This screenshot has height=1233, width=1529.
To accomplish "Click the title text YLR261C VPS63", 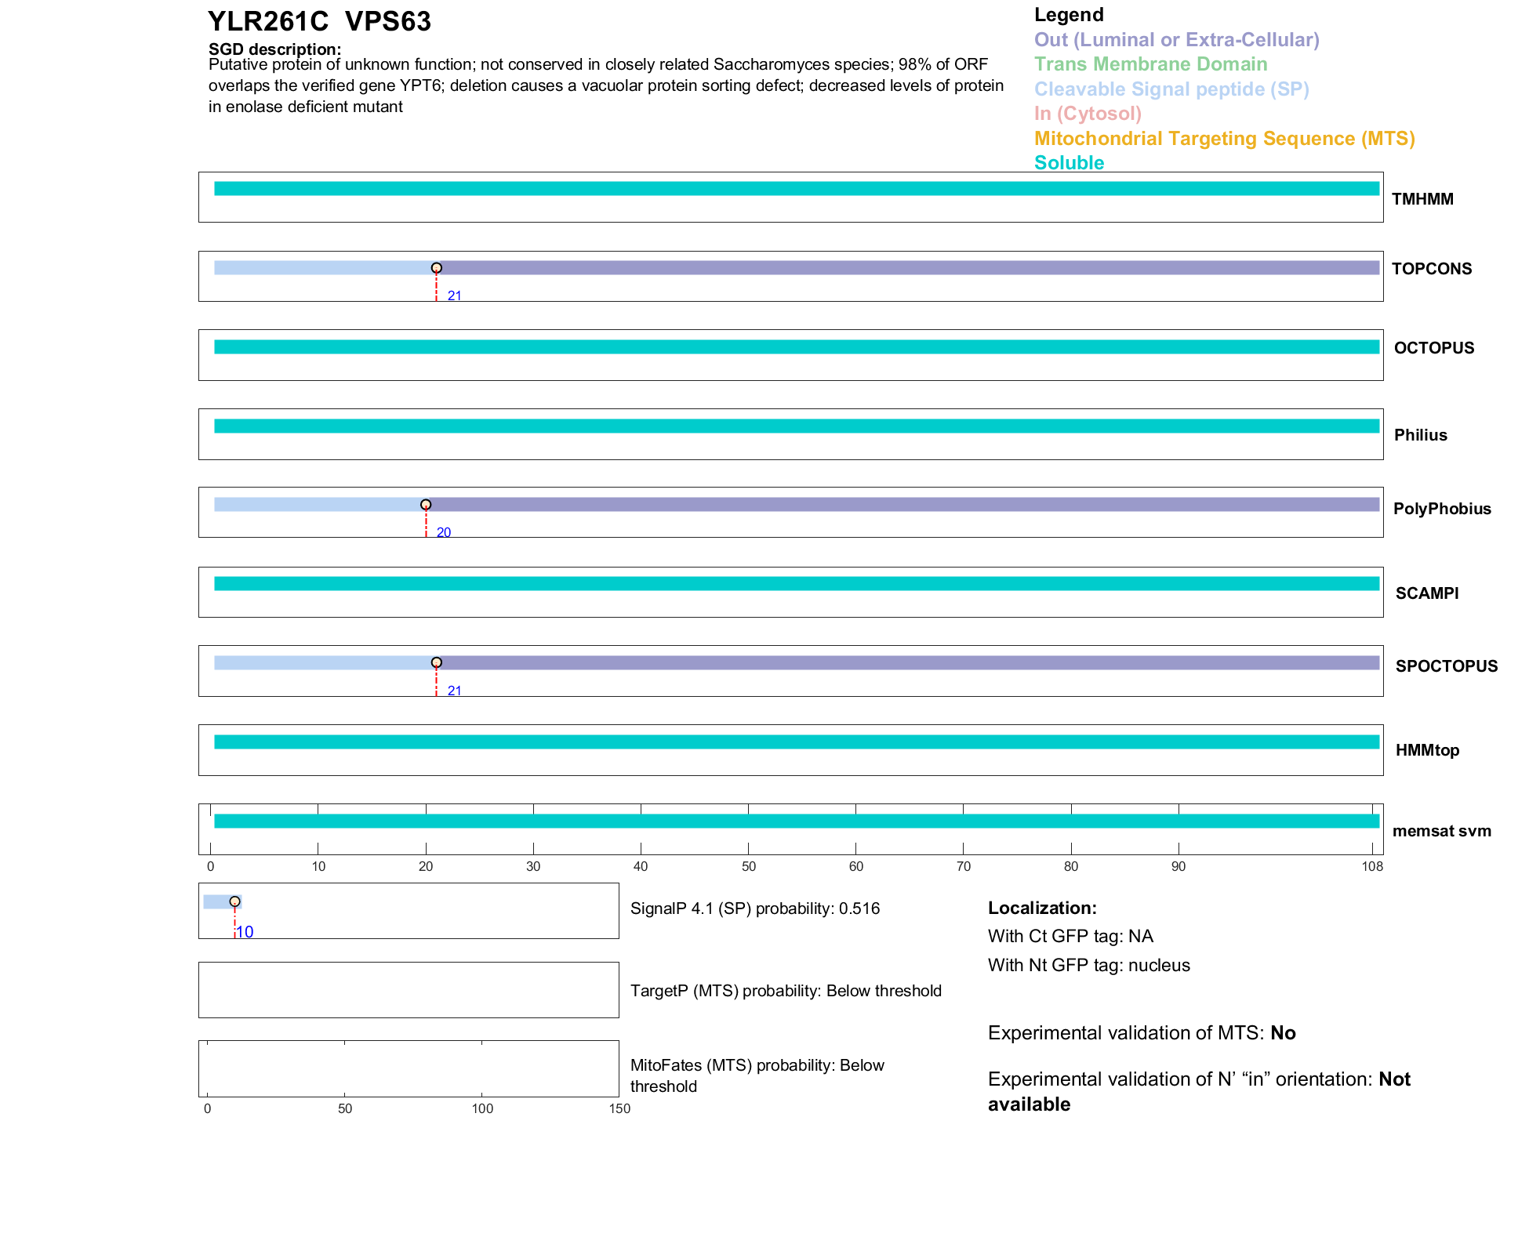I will (319, 22).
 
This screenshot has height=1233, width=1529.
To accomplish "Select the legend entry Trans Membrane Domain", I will (1150, 64).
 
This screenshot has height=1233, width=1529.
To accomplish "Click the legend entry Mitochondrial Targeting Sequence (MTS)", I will (1224, 139).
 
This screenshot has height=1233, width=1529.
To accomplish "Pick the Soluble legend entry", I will (1069, 163).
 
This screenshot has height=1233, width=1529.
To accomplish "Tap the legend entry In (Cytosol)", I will (1088, 114).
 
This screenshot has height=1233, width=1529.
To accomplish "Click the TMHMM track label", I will (1422, 199).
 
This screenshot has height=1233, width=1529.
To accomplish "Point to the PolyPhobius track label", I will (1442, 509).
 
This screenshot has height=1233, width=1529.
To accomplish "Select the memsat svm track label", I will (1441, 831).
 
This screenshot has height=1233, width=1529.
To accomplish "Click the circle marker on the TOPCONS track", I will (437, 268).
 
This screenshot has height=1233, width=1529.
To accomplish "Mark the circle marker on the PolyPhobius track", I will (426, 505).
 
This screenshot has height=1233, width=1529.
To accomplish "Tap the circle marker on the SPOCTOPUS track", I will (437, 663).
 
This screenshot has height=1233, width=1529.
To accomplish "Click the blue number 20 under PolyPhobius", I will (444, 533).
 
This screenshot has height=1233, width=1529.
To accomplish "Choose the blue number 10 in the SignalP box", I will (245, 932).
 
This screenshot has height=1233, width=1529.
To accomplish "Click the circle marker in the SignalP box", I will (234, 901).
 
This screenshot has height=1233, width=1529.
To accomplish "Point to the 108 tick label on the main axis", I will (1372, 866).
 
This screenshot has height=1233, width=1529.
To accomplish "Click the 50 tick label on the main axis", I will (749, 866).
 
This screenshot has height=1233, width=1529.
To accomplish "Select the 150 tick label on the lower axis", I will (619, 1108).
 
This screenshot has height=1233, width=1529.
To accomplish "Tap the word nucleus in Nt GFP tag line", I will (1159, 966).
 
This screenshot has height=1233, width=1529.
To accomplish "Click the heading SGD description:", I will (274, 49).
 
